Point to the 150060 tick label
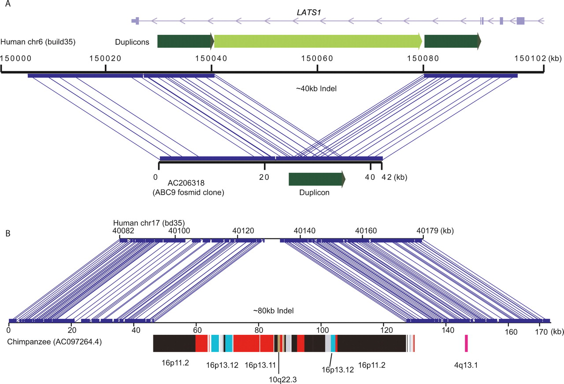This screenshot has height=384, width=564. (317, 58)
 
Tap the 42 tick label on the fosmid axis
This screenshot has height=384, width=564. (381, 177)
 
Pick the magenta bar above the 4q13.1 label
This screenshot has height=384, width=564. (466, 343)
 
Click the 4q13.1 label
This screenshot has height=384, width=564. (466, 365)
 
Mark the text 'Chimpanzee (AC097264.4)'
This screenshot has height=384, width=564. (55, 341)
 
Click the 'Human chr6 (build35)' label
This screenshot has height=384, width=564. (38, 43)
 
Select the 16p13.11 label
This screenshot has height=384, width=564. (260, 365)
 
